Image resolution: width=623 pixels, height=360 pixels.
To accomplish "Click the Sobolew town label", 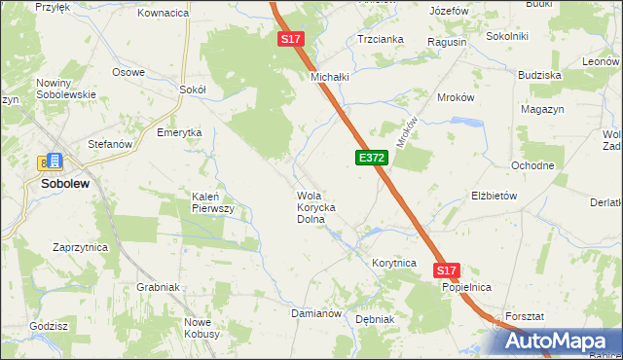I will point(66,183).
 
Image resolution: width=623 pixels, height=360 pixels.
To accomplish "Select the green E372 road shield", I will point(372,157).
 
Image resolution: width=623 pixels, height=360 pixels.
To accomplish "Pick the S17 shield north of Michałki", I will point(291,39).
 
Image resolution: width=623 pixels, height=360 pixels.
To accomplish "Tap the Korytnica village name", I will point(394,264).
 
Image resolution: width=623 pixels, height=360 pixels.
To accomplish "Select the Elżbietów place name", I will point(494,195).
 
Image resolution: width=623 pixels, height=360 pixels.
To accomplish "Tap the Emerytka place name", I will point(179,132).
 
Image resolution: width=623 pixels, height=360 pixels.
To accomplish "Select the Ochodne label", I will point(533,165).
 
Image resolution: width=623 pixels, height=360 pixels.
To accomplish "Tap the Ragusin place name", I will point(447,43).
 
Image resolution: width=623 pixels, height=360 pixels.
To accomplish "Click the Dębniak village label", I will point(375,319).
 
